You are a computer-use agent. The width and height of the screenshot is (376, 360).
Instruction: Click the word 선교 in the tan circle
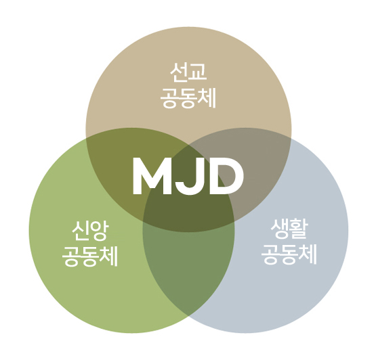click(188, 72)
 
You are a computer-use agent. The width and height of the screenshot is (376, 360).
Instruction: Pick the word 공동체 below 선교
click(188, 98)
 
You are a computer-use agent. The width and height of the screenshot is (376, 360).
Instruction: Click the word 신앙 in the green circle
click(90, 231)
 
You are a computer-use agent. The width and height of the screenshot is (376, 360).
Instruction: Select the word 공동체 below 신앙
click(90, 256)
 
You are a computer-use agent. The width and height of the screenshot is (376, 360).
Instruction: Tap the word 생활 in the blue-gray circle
click(289, 229)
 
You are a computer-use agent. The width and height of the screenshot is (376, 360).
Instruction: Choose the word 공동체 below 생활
click(289, 254)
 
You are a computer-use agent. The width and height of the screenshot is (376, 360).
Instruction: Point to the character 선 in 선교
click(179, 72)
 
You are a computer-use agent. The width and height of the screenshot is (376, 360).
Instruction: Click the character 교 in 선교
click(198, 72)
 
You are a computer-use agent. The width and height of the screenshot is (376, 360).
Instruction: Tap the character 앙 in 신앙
click(100, 231)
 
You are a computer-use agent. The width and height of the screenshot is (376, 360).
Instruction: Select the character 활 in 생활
click(299, 229)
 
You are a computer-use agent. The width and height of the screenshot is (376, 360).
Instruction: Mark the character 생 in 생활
click(280, 229)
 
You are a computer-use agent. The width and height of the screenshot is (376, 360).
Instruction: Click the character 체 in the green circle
click(110, 256)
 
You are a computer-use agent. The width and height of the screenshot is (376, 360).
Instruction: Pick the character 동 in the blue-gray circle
click(289, 254)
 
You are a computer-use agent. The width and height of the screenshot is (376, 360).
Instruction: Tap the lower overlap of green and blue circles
click(188, 268)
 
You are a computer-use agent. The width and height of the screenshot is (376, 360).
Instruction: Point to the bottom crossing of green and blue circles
click(188, 316)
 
